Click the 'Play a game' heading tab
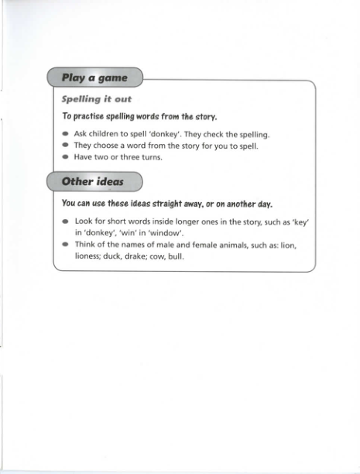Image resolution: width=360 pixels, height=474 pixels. tap(94, 78)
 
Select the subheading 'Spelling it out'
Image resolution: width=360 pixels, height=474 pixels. tap(97, 99)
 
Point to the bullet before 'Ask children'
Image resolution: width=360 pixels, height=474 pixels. tap(66, 134)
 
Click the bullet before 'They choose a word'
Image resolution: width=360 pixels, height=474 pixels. tap(66, 145)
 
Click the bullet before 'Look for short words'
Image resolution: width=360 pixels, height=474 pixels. tap(66, 221)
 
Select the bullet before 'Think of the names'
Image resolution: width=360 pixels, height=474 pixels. tap(66, 244)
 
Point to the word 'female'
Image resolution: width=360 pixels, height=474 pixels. tap(201, 244)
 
